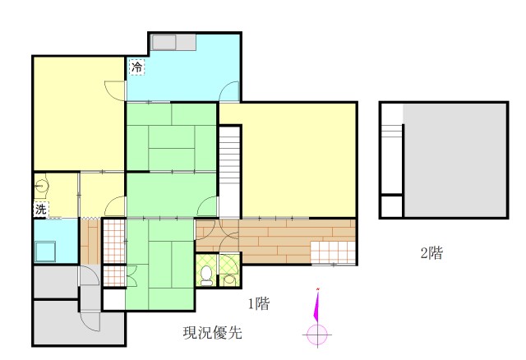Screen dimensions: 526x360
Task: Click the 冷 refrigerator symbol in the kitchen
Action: pyautogui.click(x=137, y=67)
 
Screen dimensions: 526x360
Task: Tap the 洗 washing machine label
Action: pyautogui.click(x=41, y=210)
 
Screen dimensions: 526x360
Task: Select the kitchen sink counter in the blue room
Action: pyautogui.click(x=173, y=43)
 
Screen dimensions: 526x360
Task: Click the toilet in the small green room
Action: pyautogui.click(x=206, y=275)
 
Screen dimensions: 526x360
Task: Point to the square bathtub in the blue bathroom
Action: pyautogui.click(x=45, y=252)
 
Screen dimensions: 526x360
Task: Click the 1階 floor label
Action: pyautogui.click(x=259, y=304)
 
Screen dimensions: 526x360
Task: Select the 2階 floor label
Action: pyautogui.click(x=431, y=253)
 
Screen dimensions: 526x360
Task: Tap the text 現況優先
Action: pyautogui.click(x=213, y=332)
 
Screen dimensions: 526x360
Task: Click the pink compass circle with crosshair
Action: pyautogui.click(x=317, y=335)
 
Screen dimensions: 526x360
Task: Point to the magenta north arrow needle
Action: pyautogui.click(x=316, y=305)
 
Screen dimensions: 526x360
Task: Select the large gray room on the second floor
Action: pyautogui.click(x=455, y=160)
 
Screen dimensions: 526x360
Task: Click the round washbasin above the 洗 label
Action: pyautogui.click(x=42, y=185)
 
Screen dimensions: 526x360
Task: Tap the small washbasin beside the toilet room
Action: pyautogui.click(x=229, y=279)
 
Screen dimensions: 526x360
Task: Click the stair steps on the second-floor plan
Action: pyautogui.click(x=392, y=131)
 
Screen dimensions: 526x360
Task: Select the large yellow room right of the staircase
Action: pyautogui.click(x=298, y=160)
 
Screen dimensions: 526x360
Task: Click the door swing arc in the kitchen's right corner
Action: pyautogui.click(x=229, y=91)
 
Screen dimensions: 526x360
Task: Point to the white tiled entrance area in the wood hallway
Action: pyautogui.click(x=333, y=252)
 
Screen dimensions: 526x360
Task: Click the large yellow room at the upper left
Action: pyautogui.click(x=79, y=113)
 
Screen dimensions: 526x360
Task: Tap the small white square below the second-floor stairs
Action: pyautogui.click(x=392, y=206)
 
